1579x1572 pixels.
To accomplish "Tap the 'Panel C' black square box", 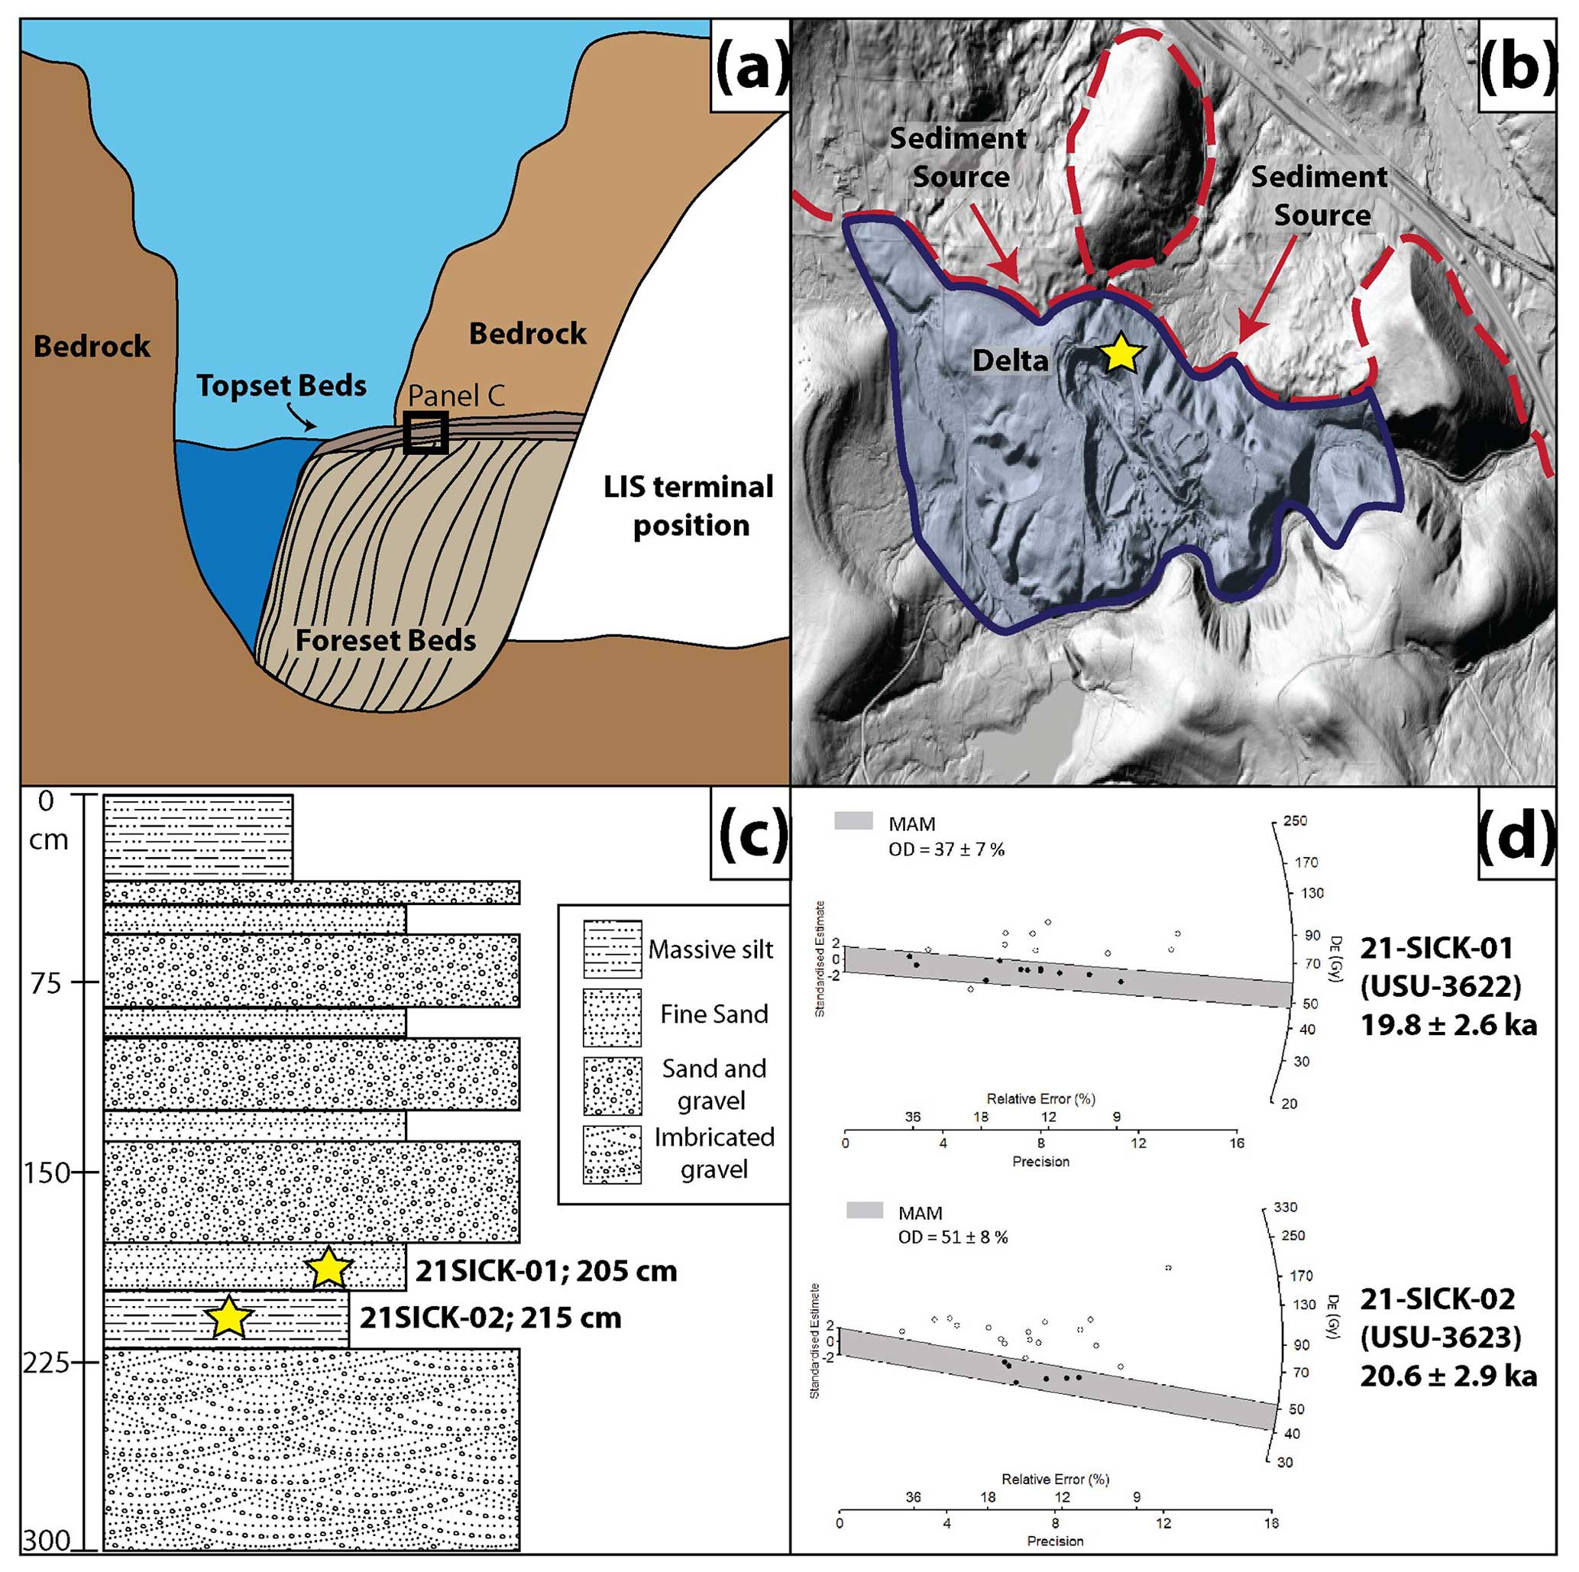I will pos(425,432).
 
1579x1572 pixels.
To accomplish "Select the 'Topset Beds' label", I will pos(281,386).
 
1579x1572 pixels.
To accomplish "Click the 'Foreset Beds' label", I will pos(385,640).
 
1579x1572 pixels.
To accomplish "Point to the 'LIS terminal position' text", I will pos(689,506).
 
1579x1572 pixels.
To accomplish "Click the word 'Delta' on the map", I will pos(1009,361).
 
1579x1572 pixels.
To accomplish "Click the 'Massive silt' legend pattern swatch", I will pos(611,949).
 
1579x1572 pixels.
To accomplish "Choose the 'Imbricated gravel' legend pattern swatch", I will pos(611,1154).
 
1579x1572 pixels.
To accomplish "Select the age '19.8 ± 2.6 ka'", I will pos(1448,1024).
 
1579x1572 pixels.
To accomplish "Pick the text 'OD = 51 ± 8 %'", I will pos(952,1237).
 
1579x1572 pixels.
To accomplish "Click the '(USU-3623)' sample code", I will pos(1440,1337).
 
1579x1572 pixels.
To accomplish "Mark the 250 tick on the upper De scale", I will pos(1296,821).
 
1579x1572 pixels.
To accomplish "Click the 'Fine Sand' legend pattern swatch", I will pos(611,1018).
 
